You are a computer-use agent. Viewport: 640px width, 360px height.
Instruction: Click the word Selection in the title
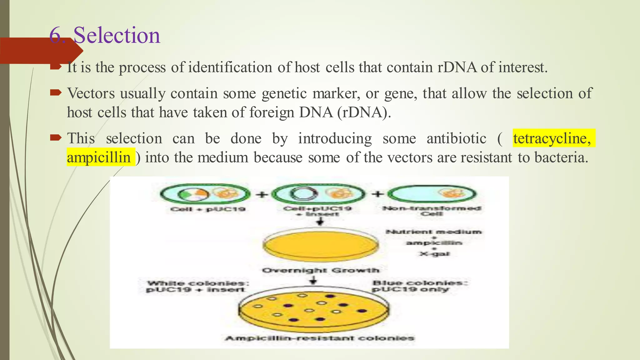tap(117, 35)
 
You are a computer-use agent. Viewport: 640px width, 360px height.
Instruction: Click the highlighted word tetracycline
tap(552, 138)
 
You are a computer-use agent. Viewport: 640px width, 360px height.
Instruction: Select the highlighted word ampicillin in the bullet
tap(99, 157)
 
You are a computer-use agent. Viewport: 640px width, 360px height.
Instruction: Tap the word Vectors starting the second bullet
tap(91, 93)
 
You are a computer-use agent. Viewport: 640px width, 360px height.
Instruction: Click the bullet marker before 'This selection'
tap(56, 137)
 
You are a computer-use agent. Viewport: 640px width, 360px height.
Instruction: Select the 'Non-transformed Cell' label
tap(432, 211)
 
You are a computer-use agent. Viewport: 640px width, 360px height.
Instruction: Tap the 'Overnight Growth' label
tap(321, 270)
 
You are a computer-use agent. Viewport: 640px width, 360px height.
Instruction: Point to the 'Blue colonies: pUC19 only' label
tap(419, 286)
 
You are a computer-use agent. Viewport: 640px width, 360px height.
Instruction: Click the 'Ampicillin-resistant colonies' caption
tap(319, 338)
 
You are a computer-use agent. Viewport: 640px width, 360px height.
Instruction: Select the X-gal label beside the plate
tap(434, 254)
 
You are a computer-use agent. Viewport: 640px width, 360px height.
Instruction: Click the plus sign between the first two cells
tap(262, 194)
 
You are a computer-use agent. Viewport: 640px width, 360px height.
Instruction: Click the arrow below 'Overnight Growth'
tap(313, 280)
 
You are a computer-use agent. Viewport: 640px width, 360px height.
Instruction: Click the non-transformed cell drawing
tap(432, 194)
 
